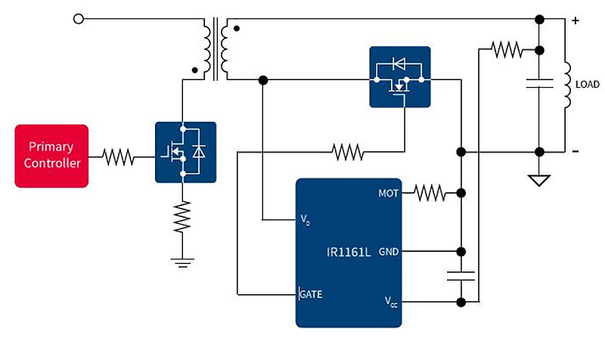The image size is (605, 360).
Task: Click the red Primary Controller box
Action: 51,156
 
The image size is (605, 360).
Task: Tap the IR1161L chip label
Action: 349,253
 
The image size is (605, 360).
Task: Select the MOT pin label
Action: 388,194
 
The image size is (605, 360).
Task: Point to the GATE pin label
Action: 311,294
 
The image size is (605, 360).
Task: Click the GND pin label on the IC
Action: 389,252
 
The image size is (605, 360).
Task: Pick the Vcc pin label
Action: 391,302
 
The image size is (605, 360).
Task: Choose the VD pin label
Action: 306,220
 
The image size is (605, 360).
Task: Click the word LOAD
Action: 588,85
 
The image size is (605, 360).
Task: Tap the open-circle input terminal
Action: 79,18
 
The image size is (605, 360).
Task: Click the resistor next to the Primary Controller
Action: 118,157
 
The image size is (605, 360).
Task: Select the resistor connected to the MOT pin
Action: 430,193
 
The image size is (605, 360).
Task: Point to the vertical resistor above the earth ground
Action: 182,216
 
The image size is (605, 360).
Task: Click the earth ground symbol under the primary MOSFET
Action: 182,262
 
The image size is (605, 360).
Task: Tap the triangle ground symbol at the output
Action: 539,181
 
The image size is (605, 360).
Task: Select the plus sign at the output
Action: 576,20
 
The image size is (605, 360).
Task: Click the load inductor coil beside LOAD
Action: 567,85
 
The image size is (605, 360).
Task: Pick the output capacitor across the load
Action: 539,83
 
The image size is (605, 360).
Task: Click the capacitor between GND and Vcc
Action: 461,276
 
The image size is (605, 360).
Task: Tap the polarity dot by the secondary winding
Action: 237,28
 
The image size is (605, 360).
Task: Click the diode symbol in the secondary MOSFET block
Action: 399,64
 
